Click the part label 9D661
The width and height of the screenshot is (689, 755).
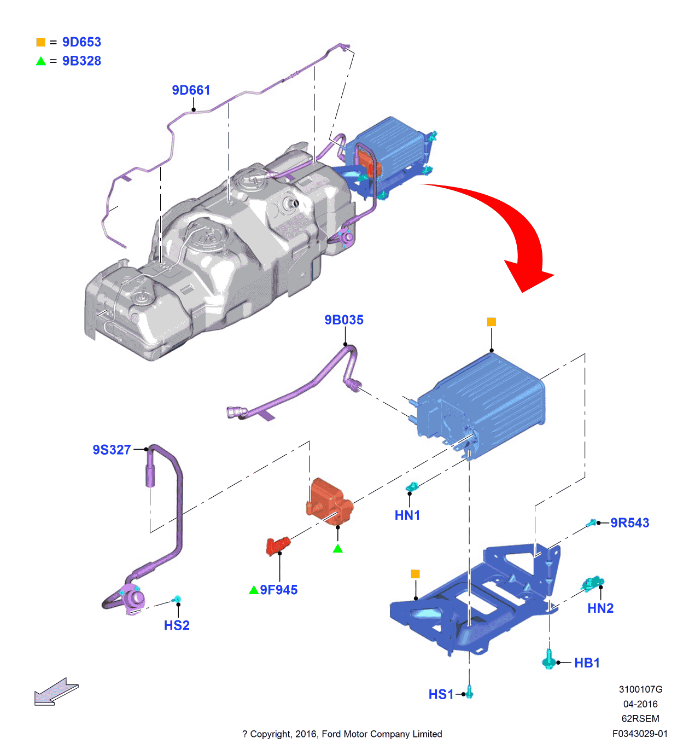click(x=191, y=90)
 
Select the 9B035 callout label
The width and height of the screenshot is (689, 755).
click(x=343, y=320)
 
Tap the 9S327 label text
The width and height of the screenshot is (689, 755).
click(x=112, y=450)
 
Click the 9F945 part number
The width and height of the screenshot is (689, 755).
click(x=279, y=590)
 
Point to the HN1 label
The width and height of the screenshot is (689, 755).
click(x=407, y=515)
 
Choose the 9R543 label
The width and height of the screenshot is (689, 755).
click(x=630, y=523)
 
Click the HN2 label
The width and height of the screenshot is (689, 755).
click(x=600, y=608)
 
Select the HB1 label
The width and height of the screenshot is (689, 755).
click(x=587, y=663)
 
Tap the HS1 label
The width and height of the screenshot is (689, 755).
click(x=441, y=694)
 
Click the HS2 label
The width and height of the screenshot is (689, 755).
click(x=177, y=625)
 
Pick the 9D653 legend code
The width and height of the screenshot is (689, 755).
click(x=81, y=42)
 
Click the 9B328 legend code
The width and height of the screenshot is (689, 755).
click(x=81, y=61)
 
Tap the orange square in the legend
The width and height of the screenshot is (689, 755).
click(x=40, y=42)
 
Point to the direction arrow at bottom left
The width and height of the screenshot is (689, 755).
click(x=56, y=692)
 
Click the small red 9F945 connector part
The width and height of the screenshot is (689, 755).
click(x=277, y=545)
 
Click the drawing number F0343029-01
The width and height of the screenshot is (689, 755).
click(x=640, y=734)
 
